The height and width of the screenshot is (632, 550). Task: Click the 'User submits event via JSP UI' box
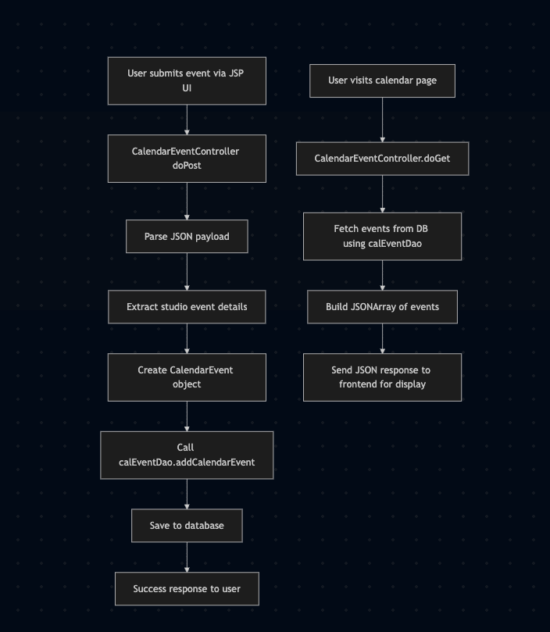pos(187,80)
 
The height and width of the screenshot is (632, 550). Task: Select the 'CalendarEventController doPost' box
pos(187,159)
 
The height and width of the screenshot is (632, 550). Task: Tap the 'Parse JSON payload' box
pos(187,236)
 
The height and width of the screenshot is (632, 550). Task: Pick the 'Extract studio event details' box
pos(187,307)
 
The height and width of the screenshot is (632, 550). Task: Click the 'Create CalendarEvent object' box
pos(187,377)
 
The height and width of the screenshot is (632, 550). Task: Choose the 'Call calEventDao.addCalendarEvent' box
pos(187,455)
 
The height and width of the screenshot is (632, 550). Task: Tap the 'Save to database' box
pos(187,526)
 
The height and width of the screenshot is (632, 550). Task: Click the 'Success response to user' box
pos(187,589)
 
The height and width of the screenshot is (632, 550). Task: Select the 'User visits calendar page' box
pos(382,80)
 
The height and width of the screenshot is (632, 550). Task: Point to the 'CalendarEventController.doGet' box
pos(382,159)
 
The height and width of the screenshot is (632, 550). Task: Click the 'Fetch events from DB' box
pos(382,236)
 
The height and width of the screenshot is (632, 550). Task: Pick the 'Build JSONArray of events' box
pos(382,307)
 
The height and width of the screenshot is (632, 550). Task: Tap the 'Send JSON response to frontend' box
pos(382,377)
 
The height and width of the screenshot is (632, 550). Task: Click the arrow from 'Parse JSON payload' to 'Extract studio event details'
pos(187,272)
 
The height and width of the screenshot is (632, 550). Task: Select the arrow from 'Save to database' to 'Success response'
pos(187,558)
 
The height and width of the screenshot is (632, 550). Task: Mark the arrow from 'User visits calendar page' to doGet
pos(382,120)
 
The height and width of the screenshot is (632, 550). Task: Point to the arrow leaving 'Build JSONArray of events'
pos(382,338)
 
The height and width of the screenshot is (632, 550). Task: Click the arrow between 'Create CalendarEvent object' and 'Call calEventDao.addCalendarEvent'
pos(187,416)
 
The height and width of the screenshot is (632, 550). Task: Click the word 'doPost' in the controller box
pos(187,166)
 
